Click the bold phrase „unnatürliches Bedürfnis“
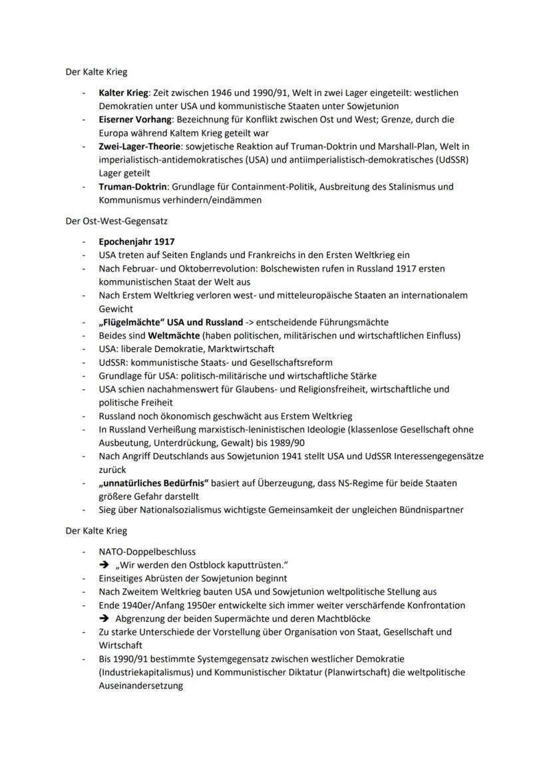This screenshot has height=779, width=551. (x=154, y=483)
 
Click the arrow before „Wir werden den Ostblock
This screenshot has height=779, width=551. (x=104, y=565)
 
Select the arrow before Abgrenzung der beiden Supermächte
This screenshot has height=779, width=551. (x=104, y=619)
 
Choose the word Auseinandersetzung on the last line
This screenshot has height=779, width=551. (x=140, y=686)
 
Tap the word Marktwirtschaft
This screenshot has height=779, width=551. (x=238, y=349)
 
